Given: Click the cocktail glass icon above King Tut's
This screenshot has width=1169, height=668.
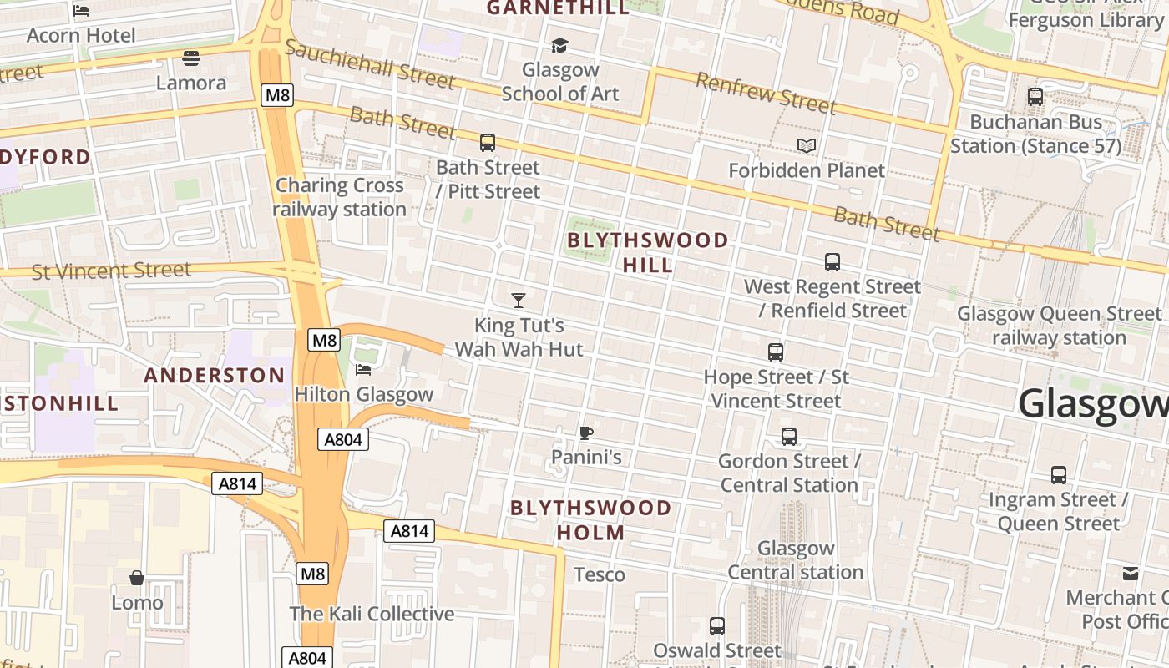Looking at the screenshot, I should (x=519, y=300).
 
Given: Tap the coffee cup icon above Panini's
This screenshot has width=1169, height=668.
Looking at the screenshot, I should (x=586, y=433).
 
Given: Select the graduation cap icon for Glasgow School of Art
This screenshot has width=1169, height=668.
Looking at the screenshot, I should (x=559, y=45).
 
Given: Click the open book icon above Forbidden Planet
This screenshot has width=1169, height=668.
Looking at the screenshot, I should (x=806, y=146).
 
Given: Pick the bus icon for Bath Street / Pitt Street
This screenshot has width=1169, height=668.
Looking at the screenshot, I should (x=488, y=143).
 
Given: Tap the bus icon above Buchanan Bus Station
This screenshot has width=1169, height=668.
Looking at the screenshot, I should (x=1035, y=97).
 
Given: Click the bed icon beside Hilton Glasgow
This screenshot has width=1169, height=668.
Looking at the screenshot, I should (x=363, y=369).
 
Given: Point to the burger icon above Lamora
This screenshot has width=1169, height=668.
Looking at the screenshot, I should (x=191, y=58).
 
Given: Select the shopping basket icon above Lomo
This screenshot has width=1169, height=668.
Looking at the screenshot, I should (x=137, y=578).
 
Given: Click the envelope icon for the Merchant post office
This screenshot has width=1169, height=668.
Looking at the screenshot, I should (x=1131, y=573).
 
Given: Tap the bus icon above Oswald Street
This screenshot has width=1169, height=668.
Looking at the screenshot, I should (x=717, y=626).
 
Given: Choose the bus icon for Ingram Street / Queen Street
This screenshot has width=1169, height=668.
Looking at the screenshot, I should (x=1059, y=475).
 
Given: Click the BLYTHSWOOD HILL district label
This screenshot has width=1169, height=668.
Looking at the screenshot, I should (x=647, y=252).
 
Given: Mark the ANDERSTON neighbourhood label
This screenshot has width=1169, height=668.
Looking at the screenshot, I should (x=215, y=375).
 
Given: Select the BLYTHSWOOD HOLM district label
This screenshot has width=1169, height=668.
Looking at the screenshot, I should (x=590, y=519).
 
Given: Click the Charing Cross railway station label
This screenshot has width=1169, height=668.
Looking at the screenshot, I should (x=339, y=197).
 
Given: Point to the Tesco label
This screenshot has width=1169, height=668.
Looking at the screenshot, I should (x=600, y=574).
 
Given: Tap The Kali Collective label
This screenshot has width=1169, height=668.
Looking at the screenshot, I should (x=372, y=614).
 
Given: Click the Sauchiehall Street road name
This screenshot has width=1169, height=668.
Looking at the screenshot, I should (x=370, y=64).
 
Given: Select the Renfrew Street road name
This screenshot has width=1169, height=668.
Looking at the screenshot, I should (x=765, y=93).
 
